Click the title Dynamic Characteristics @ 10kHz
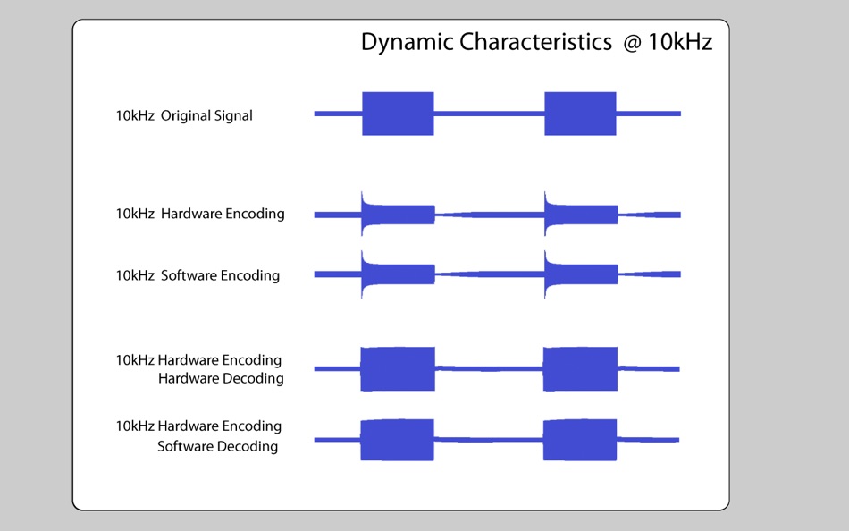point(536,42)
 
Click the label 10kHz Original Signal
point(184,115)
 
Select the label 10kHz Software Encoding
point(198,275)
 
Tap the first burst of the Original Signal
point(398,114)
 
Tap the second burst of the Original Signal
point(580,114)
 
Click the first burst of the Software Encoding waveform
point(398,274)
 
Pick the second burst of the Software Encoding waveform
point(581,274)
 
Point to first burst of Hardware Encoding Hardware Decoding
point(397,368)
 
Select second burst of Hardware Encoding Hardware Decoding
point(580,368)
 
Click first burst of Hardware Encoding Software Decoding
point(397,439)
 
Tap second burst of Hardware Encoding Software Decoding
point(580,439)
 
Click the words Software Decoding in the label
point(217,446)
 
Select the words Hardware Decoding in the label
point(221,378)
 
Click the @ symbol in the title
point(633,42)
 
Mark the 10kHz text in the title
point(680,42)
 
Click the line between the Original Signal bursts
point(489,114)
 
